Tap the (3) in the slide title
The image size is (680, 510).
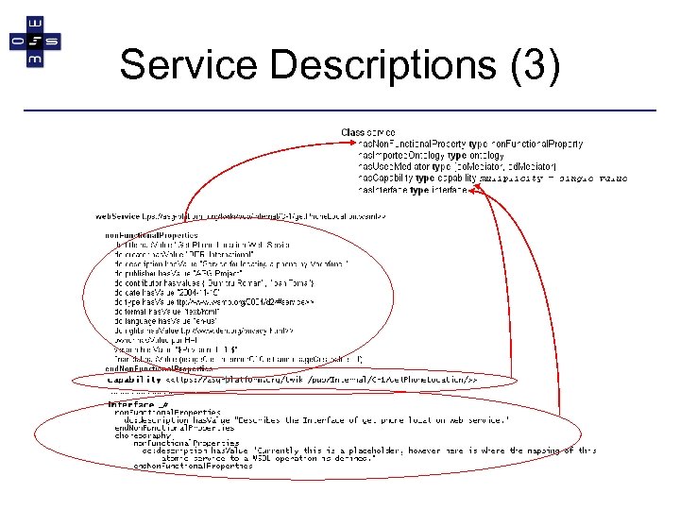point(535,65)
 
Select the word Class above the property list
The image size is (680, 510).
point(352,132)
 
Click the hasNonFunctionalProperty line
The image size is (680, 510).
point(469,144)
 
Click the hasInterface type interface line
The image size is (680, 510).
point(412,189)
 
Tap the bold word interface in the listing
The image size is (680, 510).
point(128,404)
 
